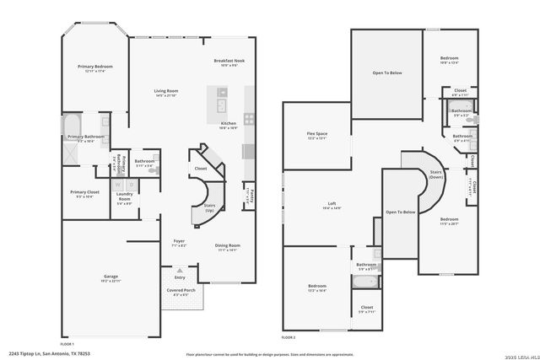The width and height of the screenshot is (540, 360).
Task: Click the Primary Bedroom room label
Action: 95,67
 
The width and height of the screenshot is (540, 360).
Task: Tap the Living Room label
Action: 165,92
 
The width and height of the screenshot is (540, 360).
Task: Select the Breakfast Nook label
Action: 229,62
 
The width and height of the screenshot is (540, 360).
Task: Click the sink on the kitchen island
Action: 221,105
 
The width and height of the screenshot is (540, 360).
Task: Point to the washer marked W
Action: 118,185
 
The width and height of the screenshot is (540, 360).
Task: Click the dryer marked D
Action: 132,185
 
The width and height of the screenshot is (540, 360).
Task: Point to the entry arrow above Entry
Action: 179,270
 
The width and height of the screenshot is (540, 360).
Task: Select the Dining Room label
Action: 228,247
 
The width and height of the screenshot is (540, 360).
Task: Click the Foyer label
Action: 179,243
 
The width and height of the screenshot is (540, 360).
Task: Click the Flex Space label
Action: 316,136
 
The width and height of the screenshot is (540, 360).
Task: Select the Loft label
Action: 332,204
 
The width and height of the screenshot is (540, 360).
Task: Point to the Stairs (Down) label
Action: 436,175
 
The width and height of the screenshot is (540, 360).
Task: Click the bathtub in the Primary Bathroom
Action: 70,123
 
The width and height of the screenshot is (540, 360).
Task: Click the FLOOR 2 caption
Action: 290,337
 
